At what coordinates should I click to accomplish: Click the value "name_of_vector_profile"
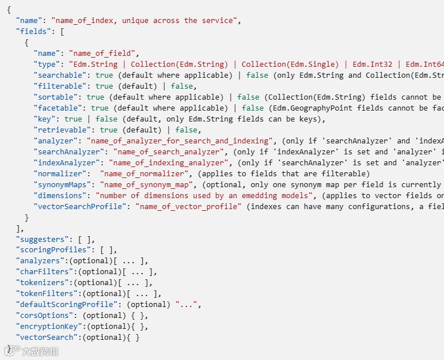click(x=188, y=207)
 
